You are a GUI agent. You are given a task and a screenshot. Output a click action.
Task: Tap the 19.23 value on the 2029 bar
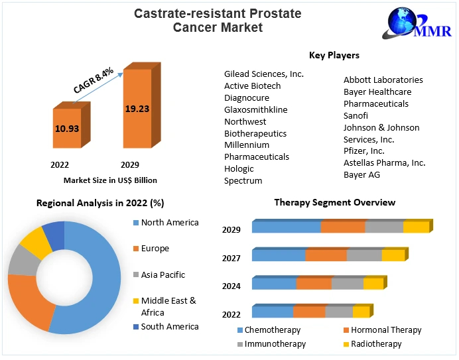pos(137,109)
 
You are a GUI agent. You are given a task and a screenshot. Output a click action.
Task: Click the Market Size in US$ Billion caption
pos(110,180)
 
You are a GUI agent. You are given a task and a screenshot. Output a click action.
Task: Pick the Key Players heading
pos(334,55)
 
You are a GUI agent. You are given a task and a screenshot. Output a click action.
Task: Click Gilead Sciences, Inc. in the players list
pos(263,74)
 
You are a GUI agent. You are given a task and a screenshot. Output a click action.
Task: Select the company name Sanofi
pos(356,115)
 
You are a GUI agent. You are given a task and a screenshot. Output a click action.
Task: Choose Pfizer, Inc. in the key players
pos(363,150)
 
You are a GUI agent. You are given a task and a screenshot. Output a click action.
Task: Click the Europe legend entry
pos(155,249)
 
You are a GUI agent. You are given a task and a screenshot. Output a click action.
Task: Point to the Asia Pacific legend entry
pos(163,274)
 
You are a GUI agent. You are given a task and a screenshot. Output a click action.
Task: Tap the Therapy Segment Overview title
pos(334,202)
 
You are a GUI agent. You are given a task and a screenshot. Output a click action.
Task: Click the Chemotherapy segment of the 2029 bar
pos(286,227)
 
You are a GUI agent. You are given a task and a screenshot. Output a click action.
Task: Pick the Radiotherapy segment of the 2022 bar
pos(360,312)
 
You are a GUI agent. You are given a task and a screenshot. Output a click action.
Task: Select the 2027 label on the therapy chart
pos(231,258)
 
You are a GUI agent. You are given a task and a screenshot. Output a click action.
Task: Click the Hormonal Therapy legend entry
pos(385,330)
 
